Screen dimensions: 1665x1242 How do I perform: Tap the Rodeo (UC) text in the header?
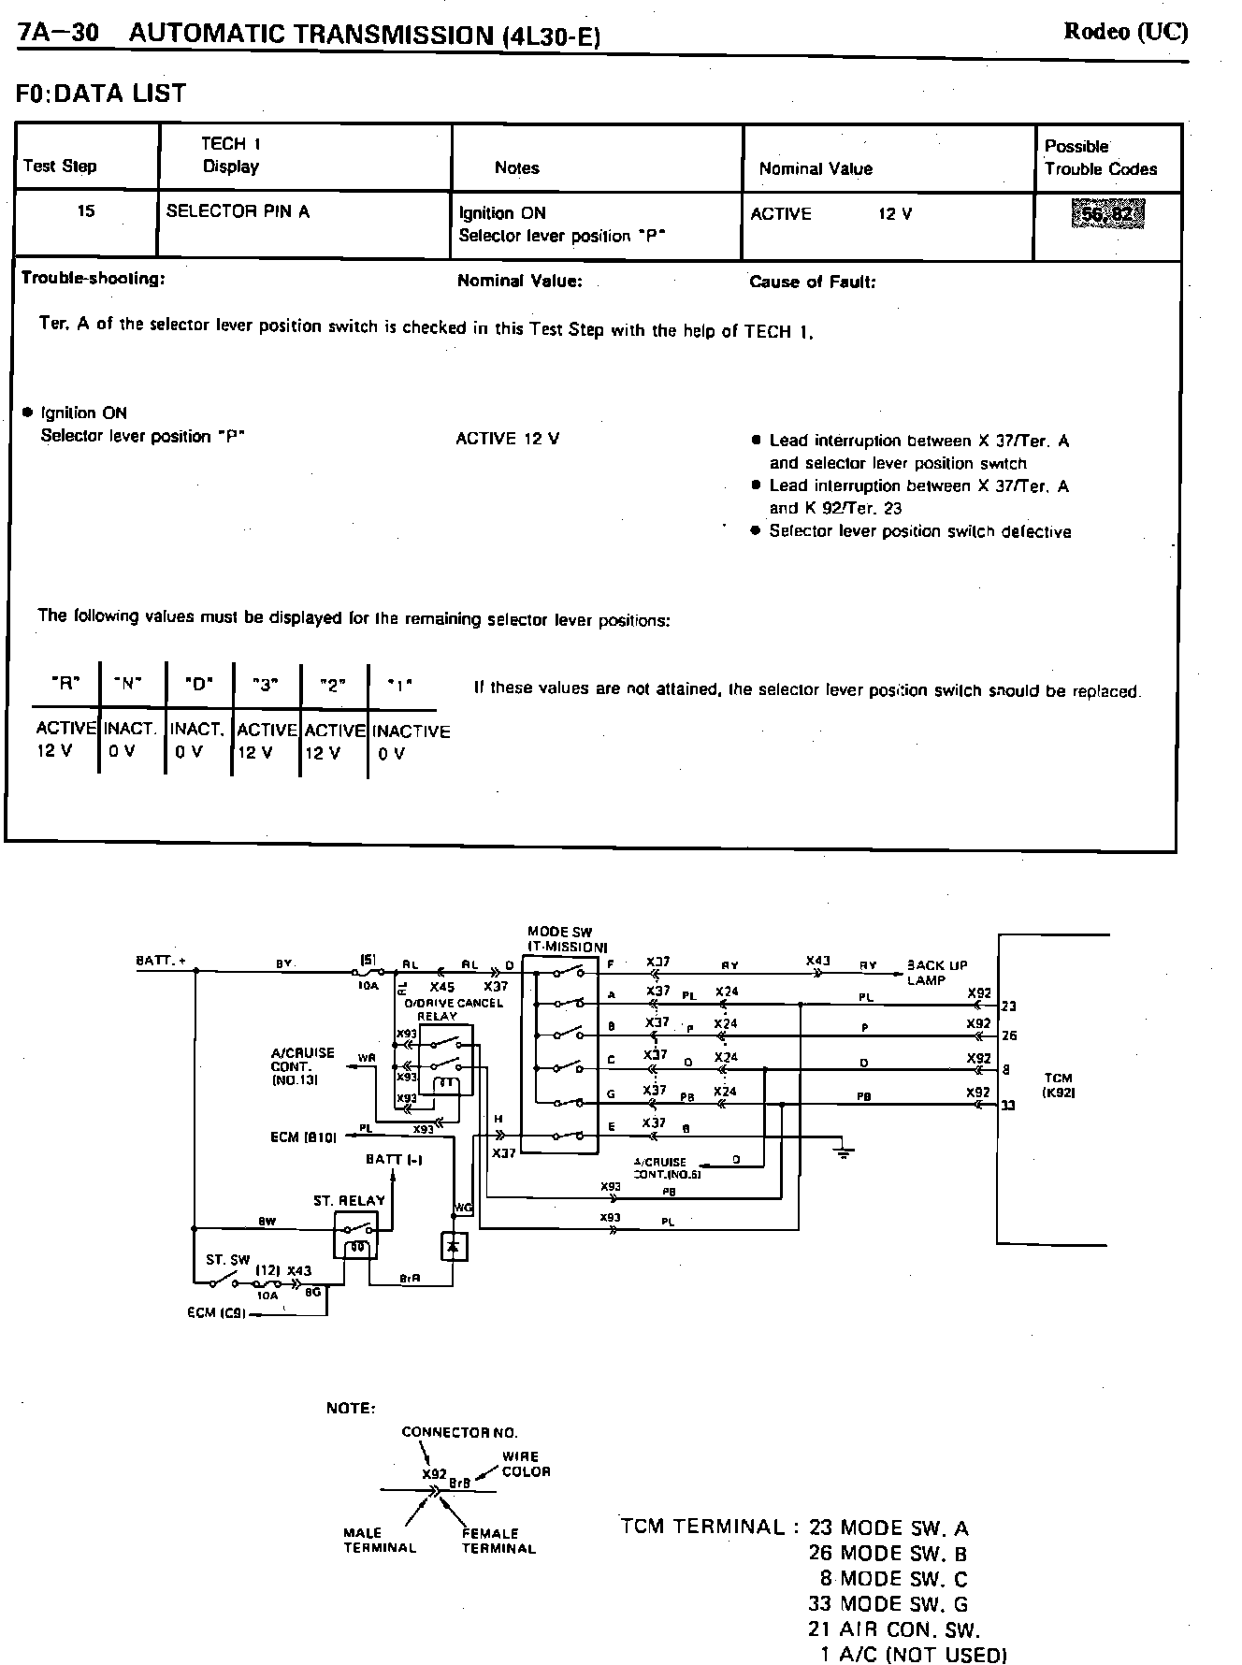pyautogui.click(x=1126, y=32)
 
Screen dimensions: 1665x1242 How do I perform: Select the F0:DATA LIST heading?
pyautogui.click(x=101, y=94)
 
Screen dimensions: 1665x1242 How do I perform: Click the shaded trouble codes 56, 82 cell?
pyautogui.click(x=1107, y=214)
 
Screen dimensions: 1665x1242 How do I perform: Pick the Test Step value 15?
pyautogui.click(x=86, y=211)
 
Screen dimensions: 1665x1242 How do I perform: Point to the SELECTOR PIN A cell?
pyautogui.click(x=238, y=211)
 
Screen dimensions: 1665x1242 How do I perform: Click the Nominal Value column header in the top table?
pyautogui.click(x=816, y=169)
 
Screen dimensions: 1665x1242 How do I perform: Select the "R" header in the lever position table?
pyautogui.click(x=65, y=684)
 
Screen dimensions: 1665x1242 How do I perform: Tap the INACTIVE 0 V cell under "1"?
pyautogui.click(x=410, y=742)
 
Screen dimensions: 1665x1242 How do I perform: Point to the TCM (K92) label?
pyautogui.click(x=1059, y=1085)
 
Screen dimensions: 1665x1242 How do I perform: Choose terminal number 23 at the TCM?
pyautogui.click(x=1008, y=1006)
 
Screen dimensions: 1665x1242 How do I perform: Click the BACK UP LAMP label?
pyautogui.click(x=936, y=973)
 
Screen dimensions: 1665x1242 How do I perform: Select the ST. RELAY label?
pyautogui.click(x=349, y=1200)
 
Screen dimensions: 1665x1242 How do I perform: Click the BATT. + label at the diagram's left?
pyautogui.click(x=161, y=961)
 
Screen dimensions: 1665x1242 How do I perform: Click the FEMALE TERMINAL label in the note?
pyautogui.click(x=498, y=1541)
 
